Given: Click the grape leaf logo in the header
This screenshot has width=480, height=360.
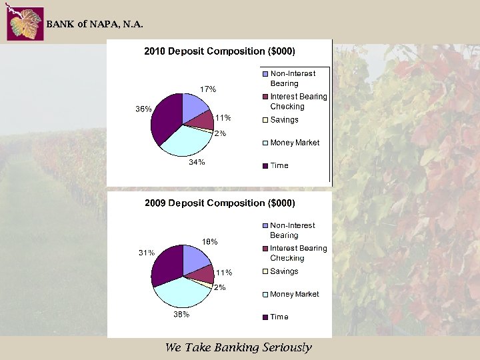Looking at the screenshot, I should click(x=25, y=24).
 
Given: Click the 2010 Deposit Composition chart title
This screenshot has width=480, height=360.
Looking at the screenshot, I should click(x=220, y=51).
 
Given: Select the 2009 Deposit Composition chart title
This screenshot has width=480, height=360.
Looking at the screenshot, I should click(x=220, y=203).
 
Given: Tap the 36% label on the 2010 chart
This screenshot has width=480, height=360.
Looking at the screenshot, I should click(x=143, y=109).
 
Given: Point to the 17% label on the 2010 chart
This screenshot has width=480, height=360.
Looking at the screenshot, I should click(x=209, y=89).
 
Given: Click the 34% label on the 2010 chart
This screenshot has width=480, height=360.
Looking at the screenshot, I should click(x=196, y=162).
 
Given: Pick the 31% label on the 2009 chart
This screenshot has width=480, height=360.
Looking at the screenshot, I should click(x=147, y=253).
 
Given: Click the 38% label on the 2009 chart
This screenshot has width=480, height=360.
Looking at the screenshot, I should click(x=181, y=313).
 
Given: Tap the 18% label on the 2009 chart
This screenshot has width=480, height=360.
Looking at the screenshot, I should click(x=210, y=241).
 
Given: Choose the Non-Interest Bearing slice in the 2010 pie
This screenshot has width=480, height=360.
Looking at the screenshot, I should click(x=195, y=107).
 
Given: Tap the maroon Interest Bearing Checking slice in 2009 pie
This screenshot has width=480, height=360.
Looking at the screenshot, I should click(x=199, y=273).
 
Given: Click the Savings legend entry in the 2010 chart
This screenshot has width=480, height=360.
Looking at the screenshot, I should click(x=284, y=120).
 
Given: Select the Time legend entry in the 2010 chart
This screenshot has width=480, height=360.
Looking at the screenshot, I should click(x=279, y=165).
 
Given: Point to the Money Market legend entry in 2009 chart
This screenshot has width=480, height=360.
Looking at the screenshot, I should click(x=294, y=294).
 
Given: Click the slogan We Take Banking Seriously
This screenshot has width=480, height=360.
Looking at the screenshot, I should click(x=238, y=347).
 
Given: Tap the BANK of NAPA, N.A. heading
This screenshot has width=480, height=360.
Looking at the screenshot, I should click(x=94, y=25).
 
